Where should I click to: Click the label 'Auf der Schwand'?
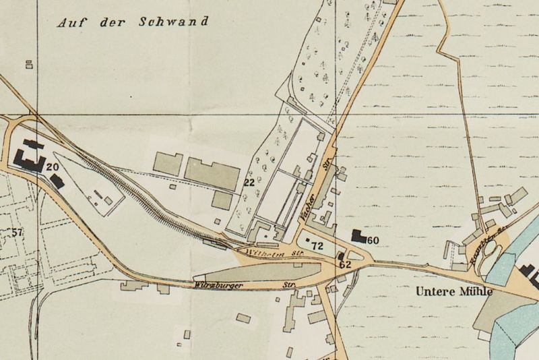(132, 22)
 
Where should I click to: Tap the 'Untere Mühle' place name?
(454, 293)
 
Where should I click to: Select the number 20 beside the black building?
(53, 167)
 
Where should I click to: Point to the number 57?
(18, 233)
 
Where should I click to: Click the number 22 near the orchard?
(249, 183)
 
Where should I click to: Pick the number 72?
(318, 246)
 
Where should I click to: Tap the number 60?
(374, 240)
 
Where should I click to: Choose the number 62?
(346, 265)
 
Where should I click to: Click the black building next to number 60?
(359, 236)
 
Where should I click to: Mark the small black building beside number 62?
(342, 256)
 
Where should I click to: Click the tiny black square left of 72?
(308, 240)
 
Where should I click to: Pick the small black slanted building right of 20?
(57, 179)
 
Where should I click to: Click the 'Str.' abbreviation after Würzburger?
(290, 285)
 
